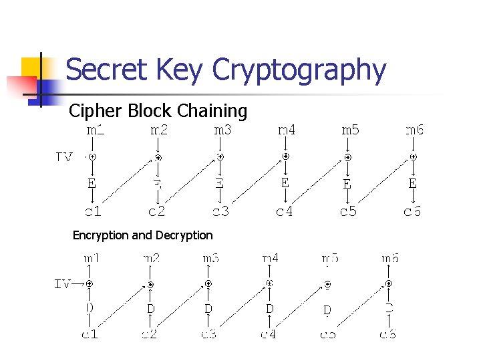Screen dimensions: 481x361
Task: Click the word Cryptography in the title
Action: pos(298,70)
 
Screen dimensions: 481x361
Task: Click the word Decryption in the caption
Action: pos(184,235)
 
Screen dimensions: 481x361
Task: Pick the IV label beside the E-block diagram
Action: pos(65,157)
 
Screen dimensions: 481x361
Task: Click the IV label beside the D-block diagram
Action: pos(62,283)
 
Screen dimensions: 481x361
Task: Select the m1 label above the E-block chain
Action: pos(96,130)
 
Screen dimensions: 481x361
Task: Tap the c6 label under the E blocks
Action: pos(412,212)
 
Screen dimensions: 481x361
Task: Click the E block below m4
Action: pos(285,182)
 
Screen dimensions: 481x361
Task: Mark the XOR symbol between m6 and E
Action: pos(413,157)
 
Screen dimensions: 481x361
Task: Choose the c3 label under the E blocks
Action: pos(221,212)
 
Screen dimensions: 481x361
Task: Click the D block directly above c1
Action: pos(90,308)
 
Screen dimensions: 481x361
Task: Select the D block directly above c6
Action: pos(389,308)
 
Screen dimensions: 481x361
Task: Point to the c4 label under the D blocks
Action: pos(269,333)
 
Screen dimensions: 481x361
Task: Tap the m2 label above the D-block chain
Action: pos(151,257)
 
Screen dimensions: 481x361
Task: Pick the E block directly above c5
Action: pos(347,183)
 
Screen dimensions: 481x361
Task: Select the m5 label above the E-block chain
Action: pos(350,130)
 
